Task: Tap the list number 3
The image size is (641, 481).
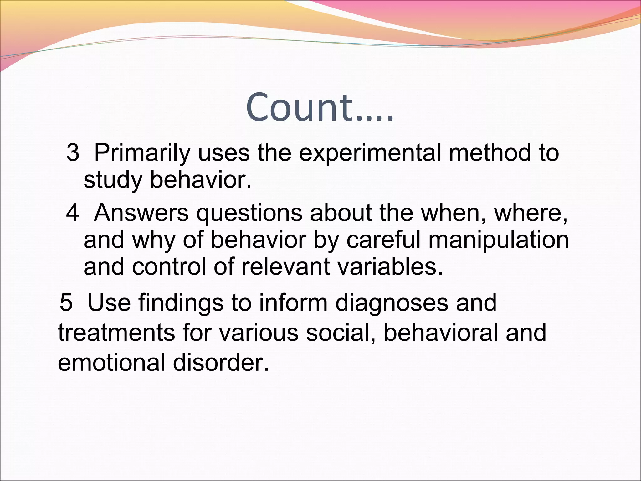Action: pos(73,153)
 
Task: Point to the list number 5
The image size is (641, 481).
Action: pos(66,303)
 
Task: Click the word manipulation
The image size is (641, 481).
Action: pos(498,240)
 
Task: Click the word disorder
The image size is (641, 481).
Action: pos(221,362)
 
